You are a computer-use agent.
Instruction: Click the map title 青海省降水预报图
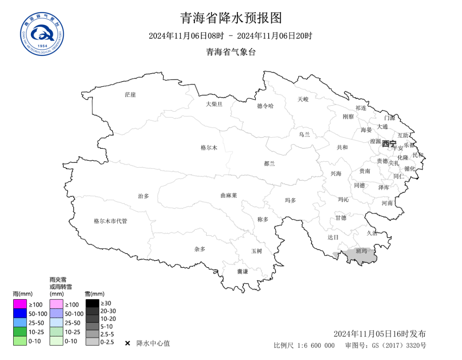231,18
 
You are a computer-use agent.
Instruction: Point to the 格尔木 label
209,148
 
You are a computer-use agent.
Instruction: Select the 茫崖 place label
130,94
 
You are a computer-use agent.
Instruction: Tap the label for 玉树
256,251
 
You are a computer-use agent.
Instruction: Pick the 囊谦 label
243,271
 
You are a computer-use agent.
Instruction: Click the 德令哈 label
265,106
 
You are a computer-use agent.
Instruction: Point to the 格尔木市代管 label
110,221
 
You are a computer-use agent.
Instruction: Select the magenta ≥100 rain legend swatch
20,304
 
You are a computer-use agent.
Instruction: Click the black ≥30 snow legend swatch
92,303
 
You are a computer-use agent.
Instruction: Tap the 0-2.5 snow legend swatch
92,342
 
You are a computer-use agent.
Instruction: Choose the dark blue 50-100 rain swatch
20,313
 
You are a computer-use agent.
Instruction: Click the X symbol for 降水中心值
127,343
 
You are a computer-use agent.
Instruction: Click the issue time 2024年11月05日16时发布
379,334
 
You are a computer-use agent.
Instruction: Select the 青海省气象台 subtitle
231,52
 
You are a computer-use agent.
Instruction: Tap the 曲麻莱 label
228,195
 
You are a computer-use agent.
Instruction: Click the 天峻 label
303,99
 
